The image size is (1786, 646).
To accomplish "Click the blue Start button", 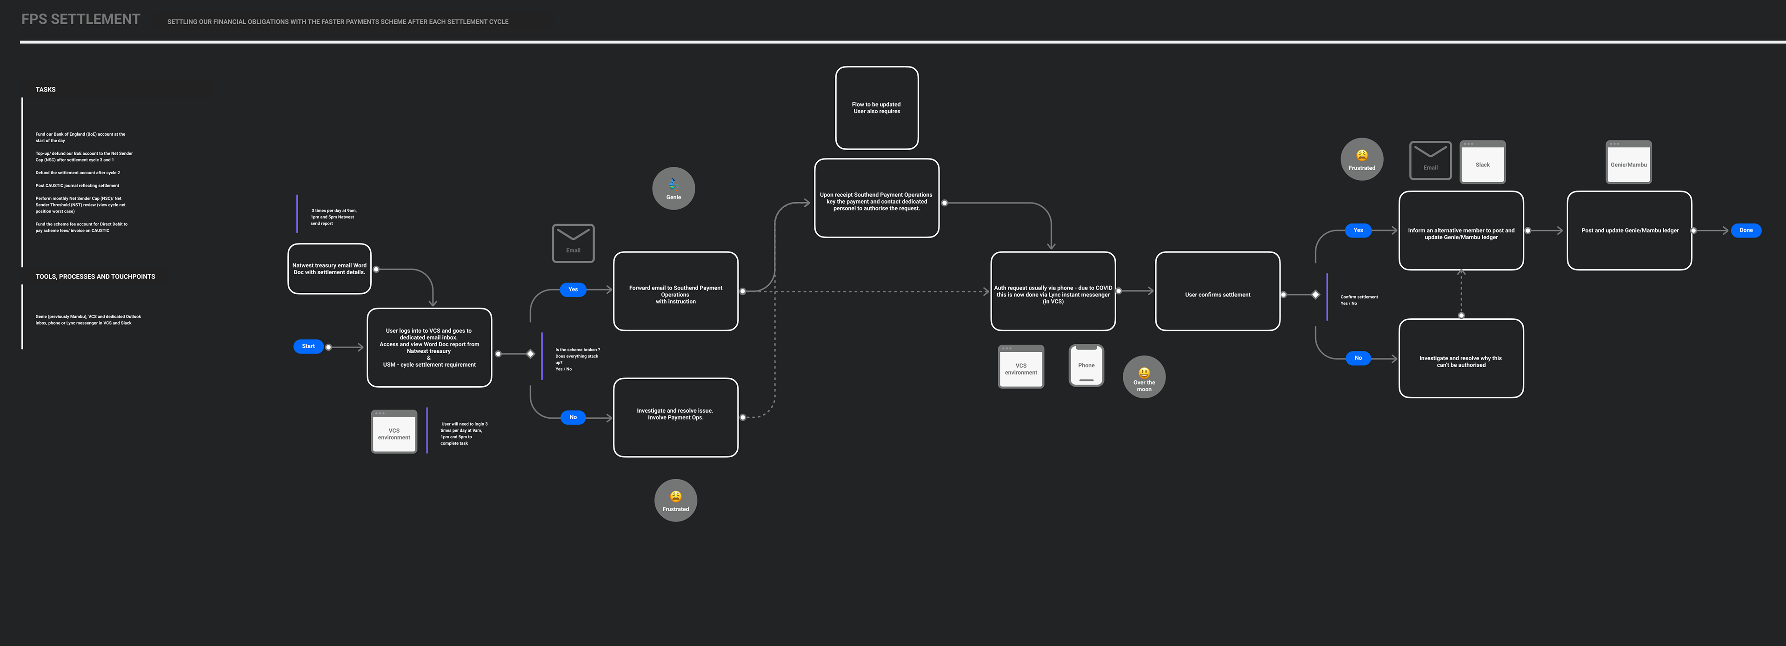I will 308,346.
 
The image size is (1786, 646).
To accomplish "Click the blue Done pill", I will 1746,230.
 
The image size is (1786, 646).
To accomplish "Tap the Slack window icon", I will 1482,162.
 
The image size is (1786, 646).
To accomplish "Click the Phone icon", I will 1086,365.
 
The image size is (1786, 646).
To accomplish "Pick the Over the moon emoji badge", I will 1144,377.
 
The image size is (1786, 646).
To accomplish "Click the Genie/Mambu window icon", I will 1629,162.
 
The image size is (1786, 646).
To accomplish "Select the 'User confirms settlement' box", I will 1218,291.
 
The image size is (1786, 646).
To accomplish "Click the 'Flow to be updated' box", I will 876,107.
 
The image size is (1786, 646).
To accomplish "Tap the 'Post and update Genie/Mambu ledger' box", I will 1629,230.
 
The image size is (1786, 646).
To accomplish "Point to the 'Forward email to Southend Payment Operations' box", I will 675,291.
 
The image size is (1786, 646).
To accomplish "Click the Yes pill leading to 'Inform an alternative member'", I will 1358,230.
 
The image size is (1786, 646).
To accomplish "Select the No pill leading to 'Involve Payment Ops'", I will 573,417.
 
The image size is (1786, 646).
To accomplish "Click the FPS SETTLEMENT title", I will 80,20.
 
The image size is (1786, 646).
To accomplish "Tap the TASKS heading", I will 46,89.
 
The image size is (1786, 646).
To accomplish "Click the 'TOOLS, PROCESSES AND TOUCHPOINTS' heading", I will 95,277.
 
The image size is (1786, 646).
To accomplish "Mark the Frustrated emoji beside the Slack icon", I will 1362,159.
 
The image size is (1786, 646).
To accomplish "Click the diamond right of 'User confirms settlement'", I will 1315,295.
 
